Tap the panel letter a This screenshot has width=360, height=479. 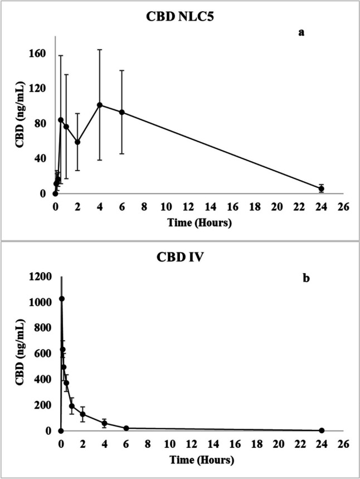pyautogui.click(x=302, y=32)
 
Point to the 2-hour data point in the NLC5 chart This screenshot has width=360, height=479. pyautogui.click(x=77, y=142)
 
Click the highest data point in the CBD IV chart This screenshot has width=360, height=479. pyautogui.click(x=62, y=299)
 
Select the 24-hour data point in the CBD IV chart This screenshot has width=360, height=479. pyautogui.click(x=322, y=430)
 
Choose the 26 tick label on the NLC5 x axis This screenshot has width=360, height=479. pyautogui.click(x=343, y=206)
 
